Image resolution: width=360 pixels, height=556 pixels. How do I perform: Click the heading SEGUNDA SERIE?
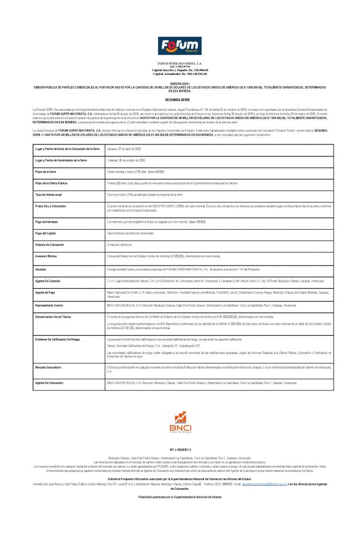click(180, 100)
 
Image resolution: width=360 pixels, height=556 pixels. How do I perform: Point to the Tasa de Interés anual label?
click(48, 194)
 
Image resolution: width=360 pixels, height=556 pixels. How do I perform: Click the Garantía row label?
click(41, 269)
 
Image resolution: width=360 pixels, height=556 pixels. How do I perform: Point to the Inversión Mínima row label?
click(47, 256)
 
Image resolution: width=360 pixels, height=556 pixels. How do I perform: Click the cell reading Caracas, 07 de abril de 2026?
click(124, 148)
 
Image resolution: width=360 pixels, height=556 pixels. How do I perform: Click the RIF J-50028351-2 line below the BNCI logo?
click(180, 450)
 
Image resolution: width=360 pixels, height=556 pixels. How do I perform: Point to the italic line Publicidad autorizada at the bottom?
click(180, 497)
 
